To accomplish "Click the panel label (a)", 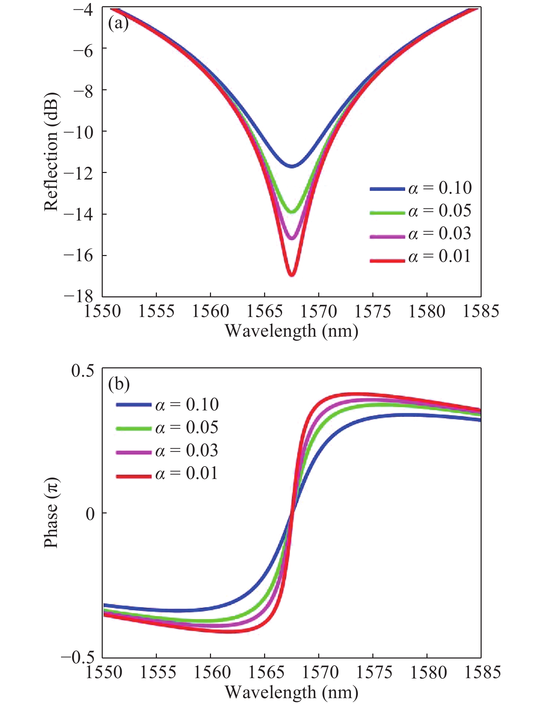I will (118, 24).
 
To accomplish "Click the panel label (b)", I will (119, 384).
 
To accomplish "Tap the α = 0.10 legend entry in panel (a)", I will (421, 188).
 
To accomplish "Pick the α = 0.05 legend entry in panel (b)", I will (168, 428).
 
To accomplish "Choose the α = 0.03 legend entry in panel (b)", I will (168, 451).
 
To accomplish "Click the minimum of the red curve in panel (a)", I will (292, 275).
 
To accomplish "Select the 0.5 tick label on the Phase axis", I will (82, 371).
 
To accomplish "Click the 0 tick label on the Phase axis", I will (90, 514).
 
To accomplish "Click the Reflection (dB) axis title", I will (51, 152).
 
